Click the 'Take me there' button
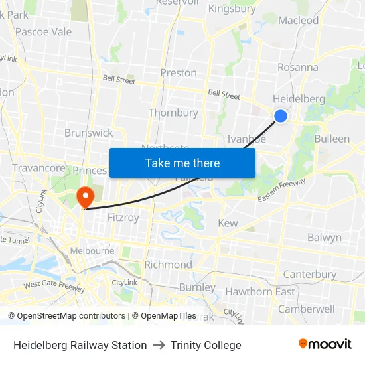click(x=183, y=163)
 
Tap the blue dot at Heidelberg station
click(x=281, y=116)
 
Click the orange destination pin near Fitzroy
click(x=85, y=197)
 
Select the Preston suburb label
click(x=179, y=72)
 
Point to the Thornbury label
click(x=173, y=113)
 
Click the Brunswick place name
click(x=88, y=133)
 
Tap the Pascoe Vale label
click(x=43, y=31)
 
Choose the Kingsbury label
click(x=232, y=9)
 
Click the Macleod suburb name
click(x=299, y=20)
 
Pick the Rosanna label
click(x=297, y=67)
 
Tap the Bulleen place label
click(x=332, y=139)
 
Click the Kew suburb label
click(x=228, y=223)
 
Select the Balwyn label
click(x=325, y=237)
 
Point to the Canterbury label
click(x=310, y=274)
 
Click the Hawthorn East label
click(x=260, y=291)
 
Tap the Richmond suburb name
click(x=168, y=265)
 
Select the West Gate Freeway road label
click(x=54, y=285)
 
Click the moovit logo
click(x=325, y=344)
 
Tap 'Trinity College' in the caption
click(x=206, y=345)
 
